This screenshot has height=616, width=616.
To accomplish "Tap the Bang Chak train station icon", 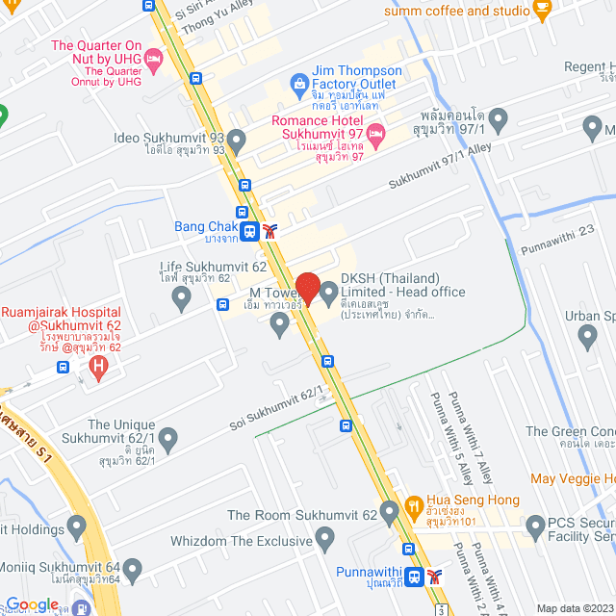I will pos(249,231).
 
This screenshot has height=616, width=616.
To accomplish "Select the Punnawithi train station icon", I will pos(413,577).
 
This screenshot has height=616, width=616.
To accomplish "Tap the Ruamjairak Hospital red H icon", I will pos(97,366).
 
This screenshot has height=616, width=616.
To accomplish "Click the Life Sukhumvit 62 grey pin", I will pos(181,300).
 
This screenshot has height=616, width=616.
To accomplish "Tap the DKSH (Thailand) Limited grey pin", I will pos(328,290).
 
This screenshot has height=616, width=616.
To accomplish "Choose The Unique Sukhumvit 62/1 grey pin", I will pos(168,441).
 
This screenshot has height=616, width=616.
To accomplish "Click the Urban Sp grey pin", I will pos(588,337).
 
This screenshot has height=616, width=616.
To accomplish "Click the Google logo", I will pos(32,603).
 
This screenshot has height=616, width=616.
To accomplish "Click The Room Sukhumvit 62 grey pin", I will pos(389,511).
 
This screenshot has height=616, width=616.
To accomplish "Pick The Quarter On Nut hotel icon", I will pos(153,60).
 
